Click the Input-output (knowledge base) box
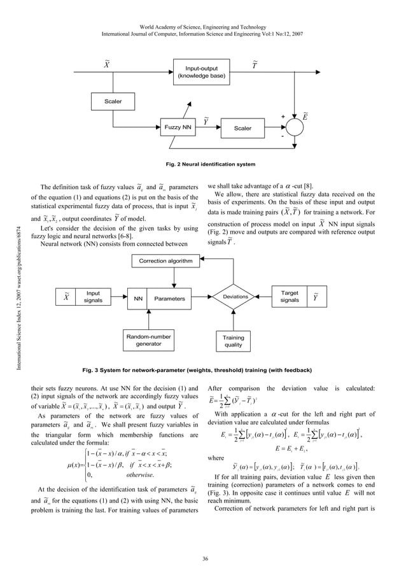click(x=200, y=71)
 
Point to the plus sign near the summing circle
click(x=283, y=117)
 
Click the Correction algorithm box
click(x=166, y=261)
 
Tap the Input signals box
click(x=93, y=297)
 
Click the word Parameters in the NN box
click(x=169, y=298)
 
